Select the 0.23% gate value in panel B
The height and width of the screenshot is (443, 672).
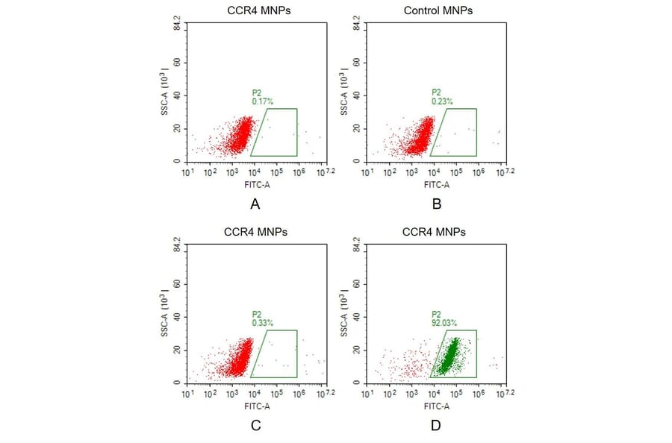click(x=442, y=101)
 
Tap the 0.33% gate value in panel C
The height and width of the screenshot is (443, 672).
click(x=262, y=323)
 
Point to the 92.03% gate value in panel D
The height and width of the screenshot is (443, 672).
click(x=444, y=323)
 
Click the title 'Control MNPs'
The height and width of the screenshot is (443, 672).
click(x=438, y=10)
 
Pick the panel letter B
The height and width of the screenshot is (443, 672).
click(x=437, y=204)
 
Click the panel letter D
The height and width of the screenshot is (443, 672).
click(x=436, y=425)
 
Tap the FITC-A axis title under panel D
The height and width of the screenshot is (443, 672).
click(x=436, y=406)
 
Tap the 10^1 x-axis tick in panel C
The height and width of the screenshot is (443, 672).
click(x=187, y=395)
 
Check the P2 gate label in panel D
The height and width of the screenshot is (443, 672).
click(x=435, y=315)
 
